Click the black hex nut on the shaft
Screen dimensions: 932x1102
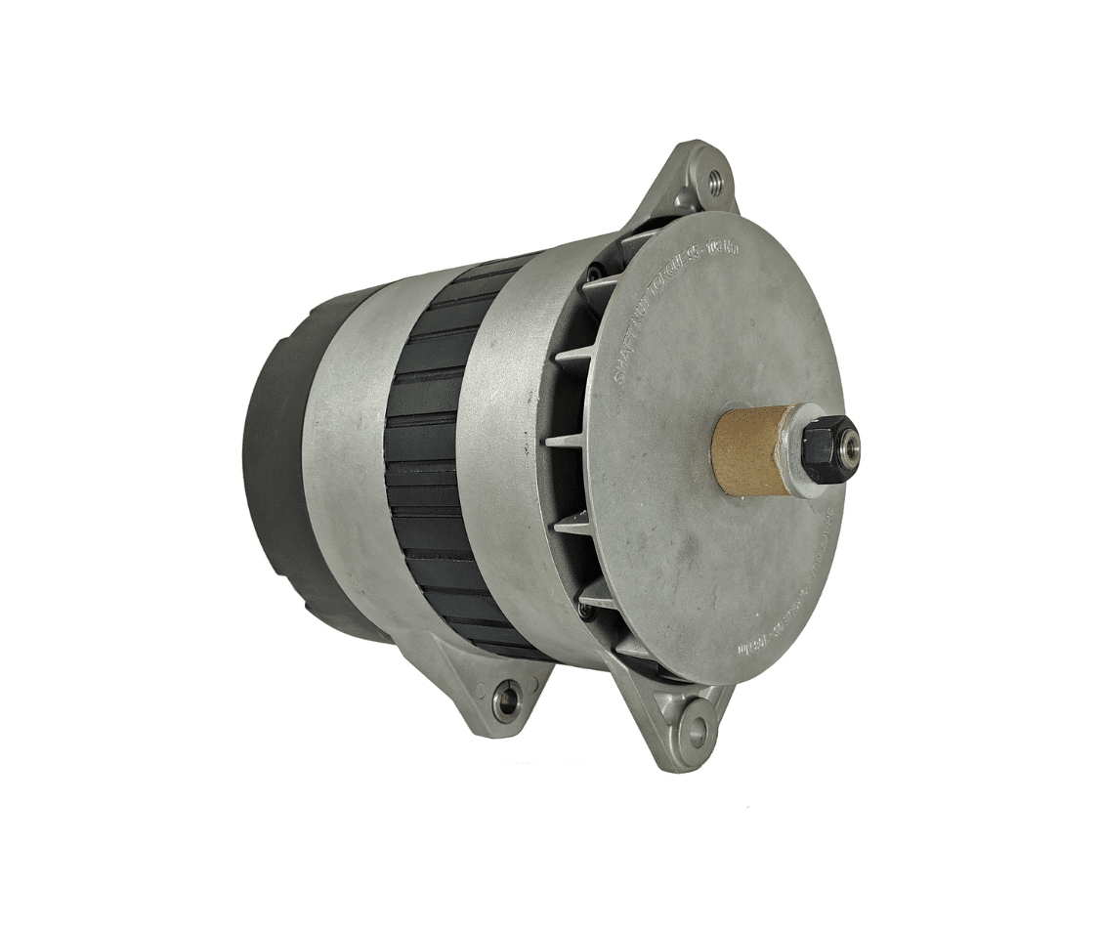point(828,448)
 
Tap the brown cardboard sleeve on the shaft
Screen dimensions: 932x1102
point(750,448)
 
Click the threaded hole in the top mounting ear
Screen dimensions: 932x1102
point(715,180)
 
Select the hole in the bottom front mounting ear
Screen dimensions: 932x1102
point(697,731)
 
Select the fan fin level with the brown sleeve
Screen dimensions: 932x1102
point(567,441)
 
